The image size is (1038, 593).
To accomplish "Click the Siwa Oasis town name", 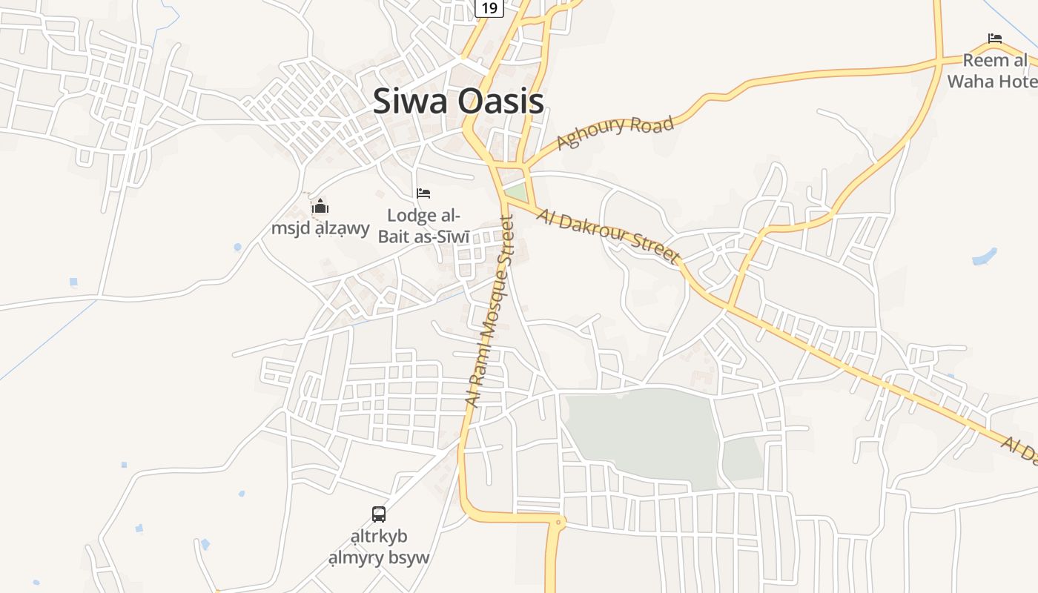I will click(x=457, y=102).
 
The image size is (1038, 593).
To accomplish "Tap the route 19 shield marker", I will click(x=489, y=7).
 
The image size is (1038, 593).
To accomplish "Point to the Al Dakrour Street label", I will click(x=609, y=235).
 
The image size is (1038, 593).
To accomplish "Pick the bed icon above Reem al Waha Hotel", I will click(x=994, y=39).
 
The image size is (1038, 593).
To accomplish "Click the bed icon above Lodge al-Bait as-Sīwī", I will click(x=423, y=193).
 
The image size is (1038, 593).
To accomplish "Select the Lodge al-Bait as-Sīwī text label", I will click(x=424, y=226).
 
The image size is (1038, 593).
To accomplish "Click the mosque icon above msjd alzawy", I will click(x=320, y=206).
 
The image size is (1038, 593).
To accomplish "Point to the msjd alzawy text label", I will click(x=320, y=228).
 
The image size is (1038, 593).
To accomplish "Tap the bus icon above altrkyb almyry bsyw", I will click(x=378, y=514).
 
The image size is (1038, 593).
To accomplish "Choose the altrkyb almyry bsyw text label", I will click(x=379, y=547).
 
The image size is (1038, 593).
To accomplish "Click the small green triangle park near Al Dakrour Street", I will click(x=516, y=192).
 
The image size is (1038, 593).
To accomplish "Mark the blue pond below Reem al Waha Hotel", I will click(x=984, y=257).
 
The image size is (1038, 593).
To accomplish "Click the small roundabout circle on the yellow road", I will click(x=559, y=523).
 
